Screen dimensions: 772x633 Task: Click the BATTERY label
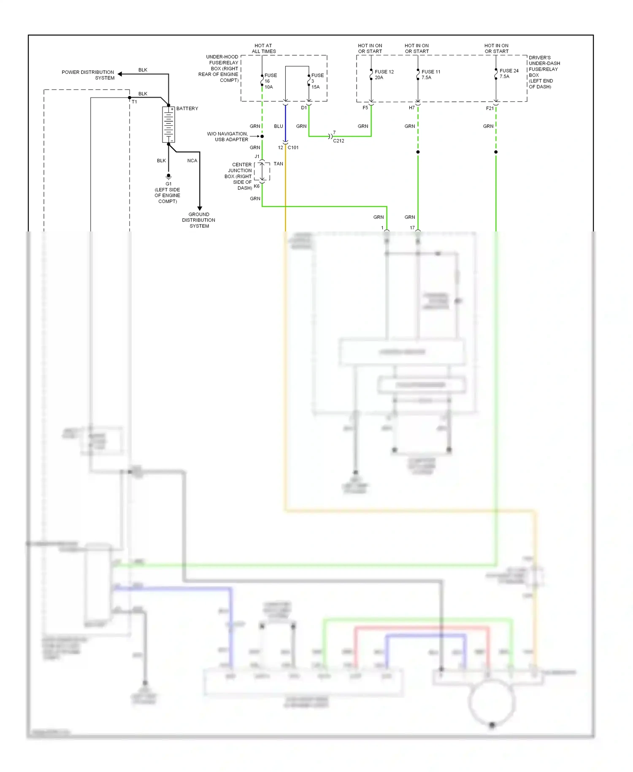tap(187, 109)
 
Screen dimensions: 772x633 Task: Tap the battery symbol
tap(168, 125)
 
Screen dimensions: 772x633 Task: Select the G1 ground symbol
tap(168, 176)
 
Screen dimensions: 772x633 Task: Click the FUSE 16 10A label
tap(270, 81)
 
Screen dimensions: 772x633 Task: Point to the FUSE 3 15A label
tap(317, 81)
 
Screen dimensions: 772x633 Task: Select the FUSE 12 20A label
tap(384, 75)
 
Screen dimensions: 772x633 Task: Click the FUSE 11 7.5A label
tap(430, 75)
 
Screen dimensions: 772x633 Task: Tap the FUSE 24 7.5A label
tap(509, 73)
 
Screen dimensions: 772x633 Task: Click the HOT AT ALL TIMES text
tap(264, 49)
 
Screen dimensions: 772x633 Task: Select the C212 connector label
tap(338, 141)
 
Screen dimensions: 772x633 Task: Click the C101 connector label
tap(293, 148)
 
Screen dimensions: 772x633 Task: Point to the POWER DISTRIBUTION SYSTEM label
tap(88, 75)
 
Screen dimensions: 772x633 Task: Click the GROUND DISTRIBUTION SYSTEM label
tap(199, 220)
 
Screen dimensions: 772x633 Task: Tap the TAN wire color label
tap(278, 164)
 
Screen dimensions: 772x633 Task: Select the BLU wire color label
tap(279, 126)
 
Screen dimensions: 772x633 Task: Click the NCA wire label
tap(192, 161)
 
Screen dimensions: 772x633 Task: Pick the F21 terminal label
tap(490, 109)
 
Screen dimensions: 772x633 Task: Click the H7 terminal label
tap(411, 108)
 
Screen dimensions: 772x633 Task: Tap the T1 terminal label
tap(134, 102)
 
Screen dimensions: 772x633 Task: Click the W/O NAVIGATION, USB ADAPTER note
tap(227, 137)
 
